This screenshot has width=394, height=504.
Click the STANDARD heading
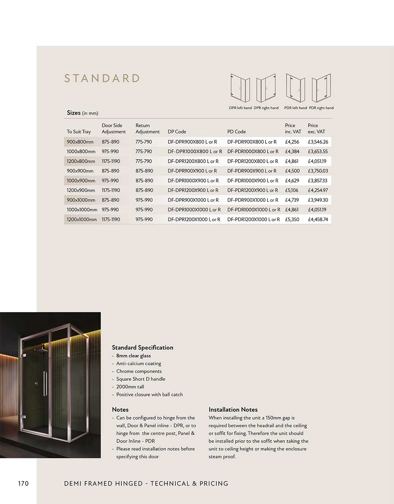[102, 78]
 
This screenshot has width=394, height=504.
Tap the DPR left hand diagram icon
[240, 88]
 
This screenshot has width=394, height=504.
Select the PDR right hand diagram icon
[321, 88]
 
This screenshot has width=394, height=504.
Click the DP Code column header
[177, 132]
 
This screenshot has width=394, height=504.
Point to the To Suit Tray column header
[79, 132]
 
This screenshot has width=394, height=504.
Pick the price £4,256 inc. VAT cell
[292, 142]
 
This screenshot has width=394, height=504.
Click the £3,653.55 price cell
[318, 151]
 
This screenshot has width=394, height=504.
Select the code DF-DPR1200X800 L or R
[193, 161]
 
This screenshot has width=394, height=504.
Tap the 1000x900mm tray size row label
[81, 180]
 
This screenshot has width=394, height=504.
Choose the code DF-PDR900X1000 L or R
[253, 200]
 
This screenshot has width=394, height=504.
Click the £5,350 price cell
[292, 219]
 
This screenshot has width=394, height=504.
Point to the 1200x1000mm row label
[82, 219]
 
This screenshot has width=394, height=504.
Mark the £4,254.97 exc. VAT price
[318, 190]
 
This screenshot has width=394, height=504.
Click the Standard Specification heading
[142, 348]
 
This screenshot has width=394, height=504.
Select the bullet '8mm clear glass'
[133, 356]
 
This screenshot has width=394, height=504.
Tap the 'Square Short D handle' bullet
[141, 379]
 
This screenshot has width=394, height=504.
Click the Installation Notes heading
[233, 410]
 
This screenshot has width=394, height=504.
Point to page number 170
[23, 484]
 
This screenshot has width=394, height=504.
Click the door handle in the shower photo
[45, 383]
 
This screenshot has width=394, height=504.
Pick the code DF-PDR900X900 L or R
[252, 171]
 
